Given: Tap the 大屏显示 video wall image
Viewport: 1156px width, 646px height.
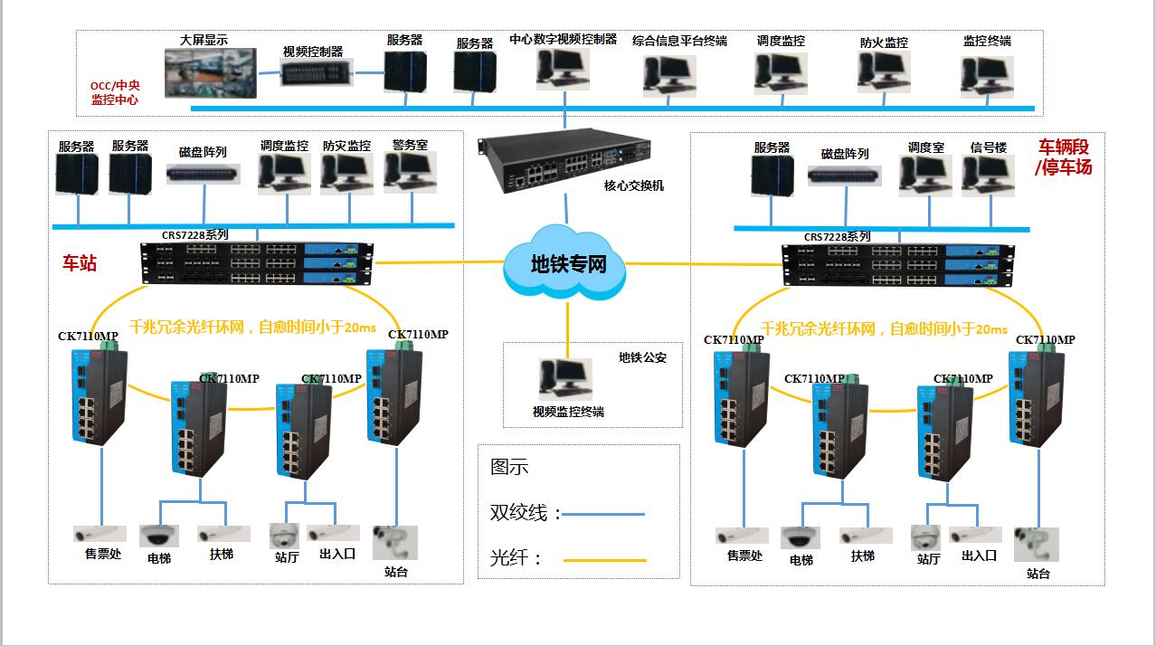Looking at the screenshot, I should point(210,72).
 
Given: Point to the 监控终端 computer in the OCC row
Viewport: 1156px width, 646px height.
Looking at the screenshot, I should point(987,76).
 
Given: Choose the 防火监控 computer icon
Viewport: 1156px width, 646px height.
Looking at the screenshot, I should point(884,72).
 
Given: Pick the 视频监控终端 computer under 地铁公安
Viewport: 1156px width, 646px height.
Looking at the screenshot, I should point(566,379).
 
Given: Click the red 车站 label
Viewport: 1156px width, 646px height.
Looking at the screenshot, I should point(79,263).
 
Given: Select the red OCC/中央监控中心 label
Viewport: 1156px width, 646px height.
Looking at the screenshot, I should point(115,93).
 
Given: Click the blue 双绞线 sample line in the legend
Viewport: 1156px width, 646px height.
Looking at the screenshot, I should point(604,515).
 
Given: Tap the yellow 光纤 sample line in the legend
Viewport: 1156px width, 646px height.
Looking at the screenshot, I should point(604,561).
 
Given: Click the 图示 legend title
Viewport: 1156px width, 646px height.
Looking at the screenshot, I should point(509,467).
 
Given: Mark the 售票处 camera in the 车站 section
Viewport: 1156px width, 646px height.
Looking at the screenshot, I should point(100,533).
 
